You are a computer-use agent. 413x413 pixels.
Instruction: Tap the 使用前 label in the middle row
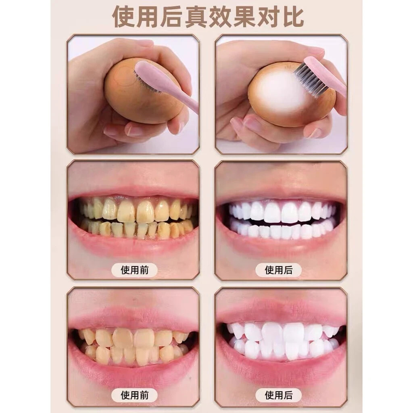point(135,269)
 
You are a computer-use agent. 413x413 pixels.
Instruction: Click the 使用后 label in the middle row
point(278,269)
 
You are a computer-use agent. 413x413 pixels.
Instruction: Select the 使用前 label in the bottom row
point(135,394)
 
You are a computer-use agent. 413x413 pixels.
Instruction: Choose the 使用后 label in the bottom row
point(278,394)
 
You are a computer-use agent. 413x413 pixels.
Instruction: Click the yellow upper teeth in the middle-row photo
point(133,210)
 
